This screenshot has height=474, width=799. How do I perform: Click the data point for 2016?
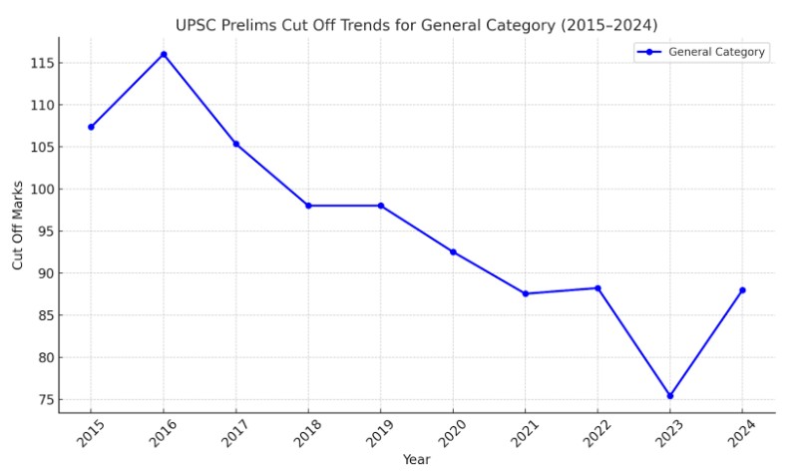point(164,54)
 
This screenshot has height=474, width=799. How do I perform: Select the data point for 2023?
point(670,396)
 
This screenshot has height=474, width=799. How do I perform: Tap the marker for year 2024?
point(742,290)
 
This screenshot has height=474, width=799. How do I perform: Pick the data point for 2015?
point(91,127)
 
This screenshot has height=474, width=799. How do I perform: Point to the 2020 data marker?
point(453,251)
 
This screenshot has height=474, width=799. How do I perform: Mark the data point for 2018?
point(308,206)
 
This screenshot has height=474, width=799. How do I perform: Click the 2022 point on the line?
point(598,288)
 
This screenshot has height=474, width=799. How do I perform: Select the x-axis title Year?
point(416,460)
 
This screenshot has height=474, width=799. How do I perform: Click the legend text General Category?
point(716,52)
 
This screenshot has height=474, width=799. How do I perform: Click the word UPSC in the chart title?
point(198,24)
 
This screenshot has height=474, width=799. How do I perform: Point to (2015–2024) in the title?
point(607,24)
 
